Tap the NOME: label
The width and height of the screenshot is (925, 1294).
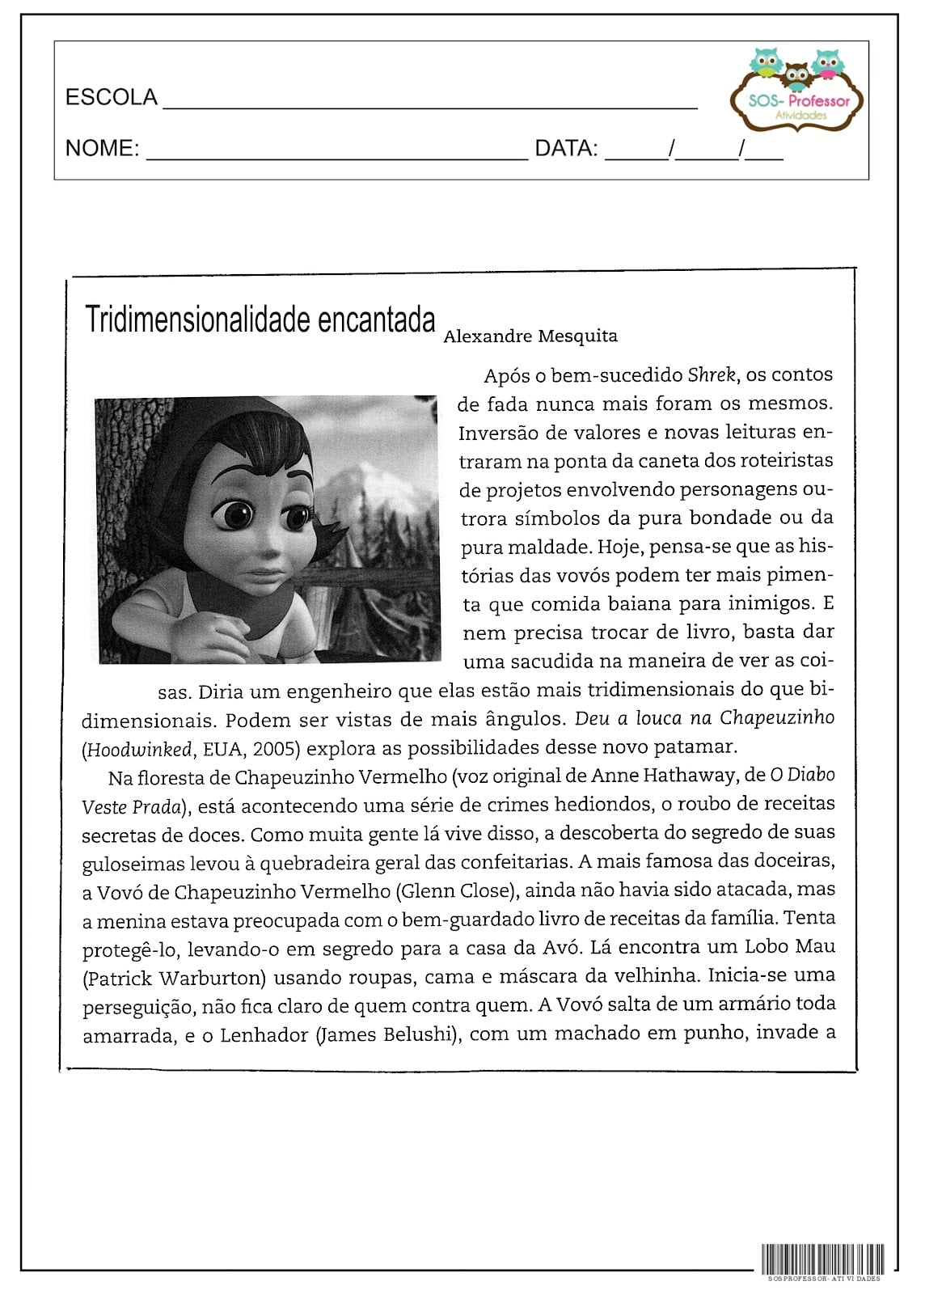pyautogui.click(x=102, y=149)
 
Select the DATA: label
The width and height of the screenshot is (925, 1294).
pyautogui.click(x=566, y=149)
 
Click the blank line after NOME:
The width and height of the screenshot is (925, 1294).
pyautogui.click(x=336, y=157)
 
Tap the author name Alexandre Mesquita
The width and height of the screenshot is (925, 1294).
pyautogui.click(x=530, y=336)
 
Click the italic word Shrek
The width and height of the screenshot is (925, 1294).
pyautogui.click(x=712, y=375)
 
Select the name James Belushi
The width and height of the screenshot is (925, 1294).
pyautogui.click(x=384, y=1034)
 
